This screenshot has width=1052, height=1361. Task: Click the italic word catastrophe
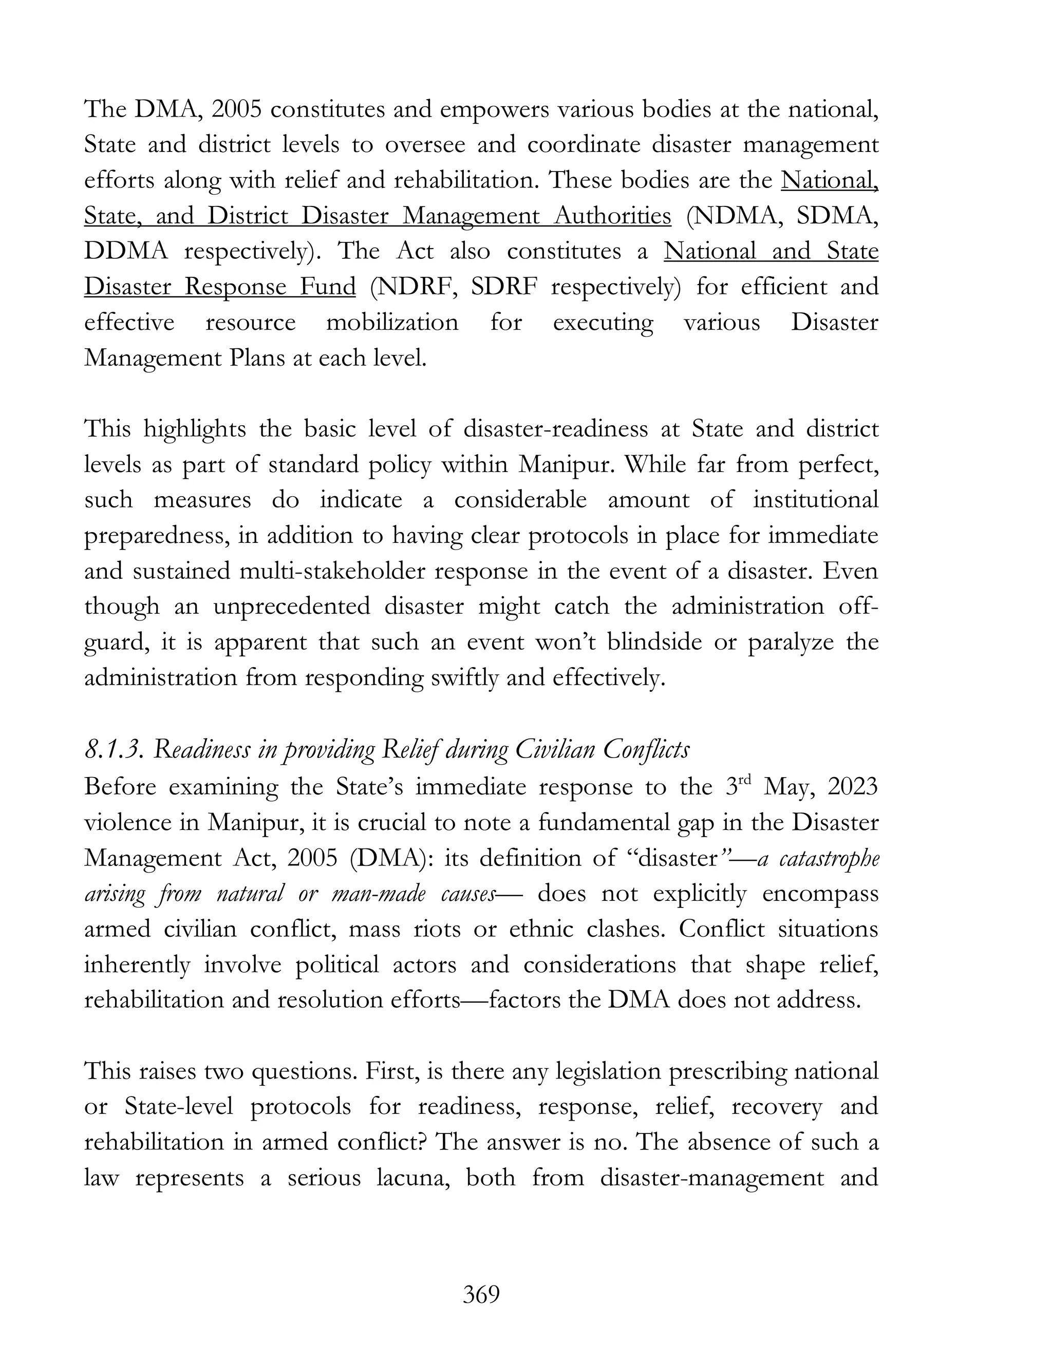[x=829, y=858]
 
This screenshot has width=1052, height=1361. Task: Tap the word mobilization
[x=392, y=322]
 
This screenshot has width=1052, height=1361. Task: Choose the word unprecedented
[x=292, y=607]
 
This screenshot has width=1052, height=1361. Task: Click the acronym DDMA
[x=126, y=251]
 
